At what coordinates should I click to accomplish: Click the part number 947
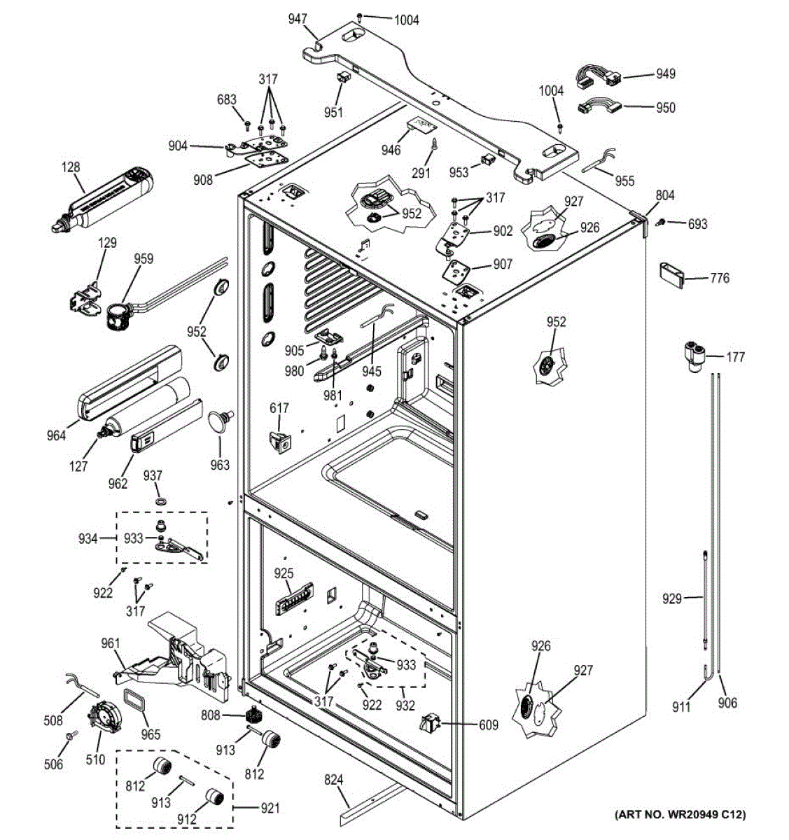(x=298, y=19)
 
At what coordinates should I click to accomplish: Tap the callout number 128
(x=71, y=167)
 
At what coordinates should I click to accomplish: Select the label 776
(x=719, y=278)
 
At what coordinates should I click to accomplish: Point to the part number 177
(x=735, y=358)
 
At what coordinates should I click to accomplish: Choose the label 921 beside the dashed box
(x=270, y=808)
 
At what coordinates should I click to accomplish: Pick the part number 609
(x=488, y=725)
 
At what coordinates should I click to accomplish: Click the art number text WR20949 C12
(x=680, y=814)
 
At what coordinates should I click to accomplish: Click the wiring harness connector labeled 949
(x=598, y=76)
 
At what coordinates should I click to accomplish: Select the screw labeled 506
(x=69, y=736)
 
